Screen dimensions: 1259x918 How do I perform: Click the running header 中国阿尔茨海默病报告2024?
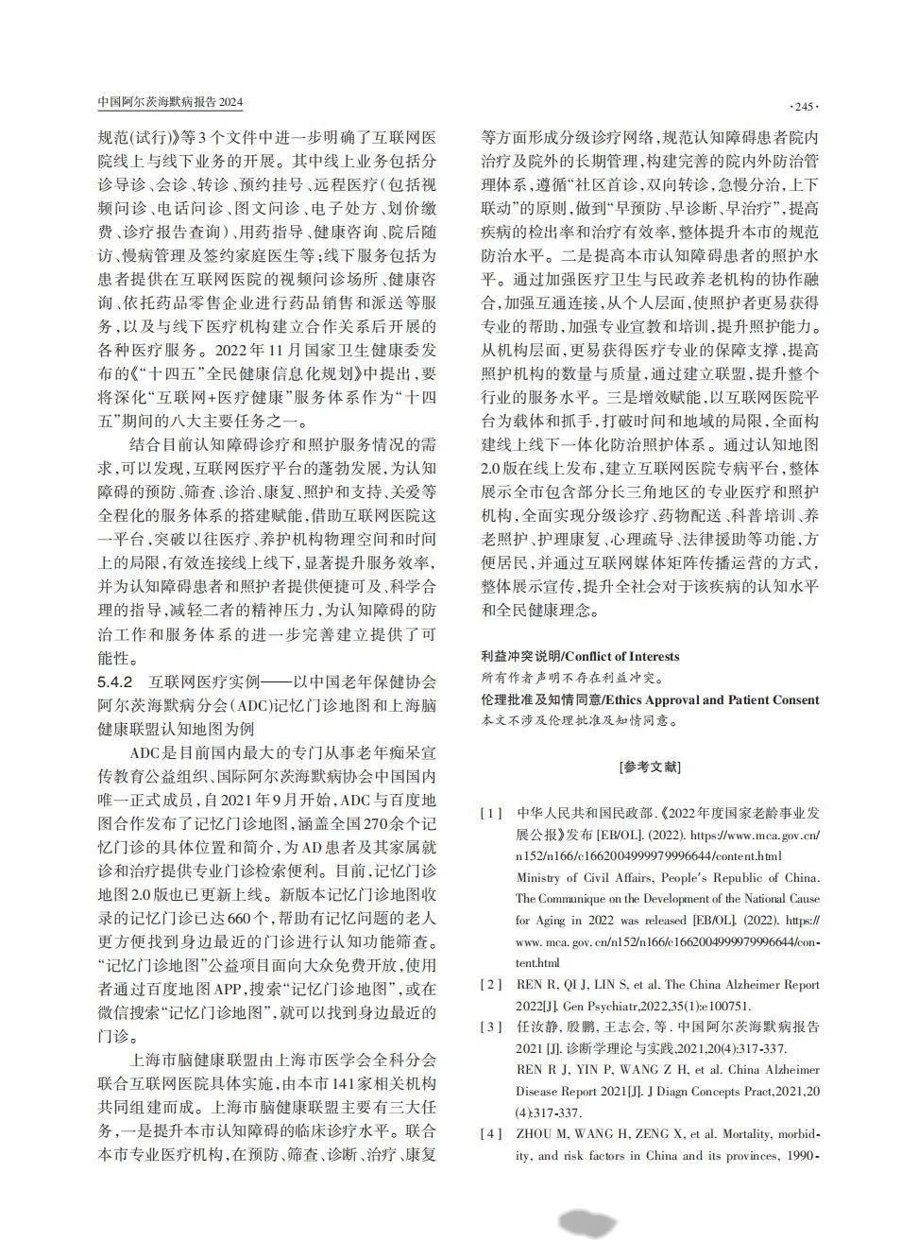171,102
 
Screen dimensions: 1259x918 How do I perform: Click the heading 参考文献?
650,767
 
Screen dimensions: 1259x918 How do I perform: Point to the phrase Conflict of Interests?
622,656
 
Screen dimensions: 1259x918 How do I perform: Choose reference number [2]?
491,985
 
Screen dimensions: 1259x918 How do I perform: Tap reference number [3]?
491,1026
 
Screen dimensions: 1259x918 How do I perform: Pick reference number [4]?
491,1133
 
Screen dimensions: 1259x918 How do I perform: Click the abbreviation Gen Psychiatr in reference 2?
586,1007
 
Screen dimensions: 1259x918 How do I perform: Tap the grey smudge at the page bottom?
588,1223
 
